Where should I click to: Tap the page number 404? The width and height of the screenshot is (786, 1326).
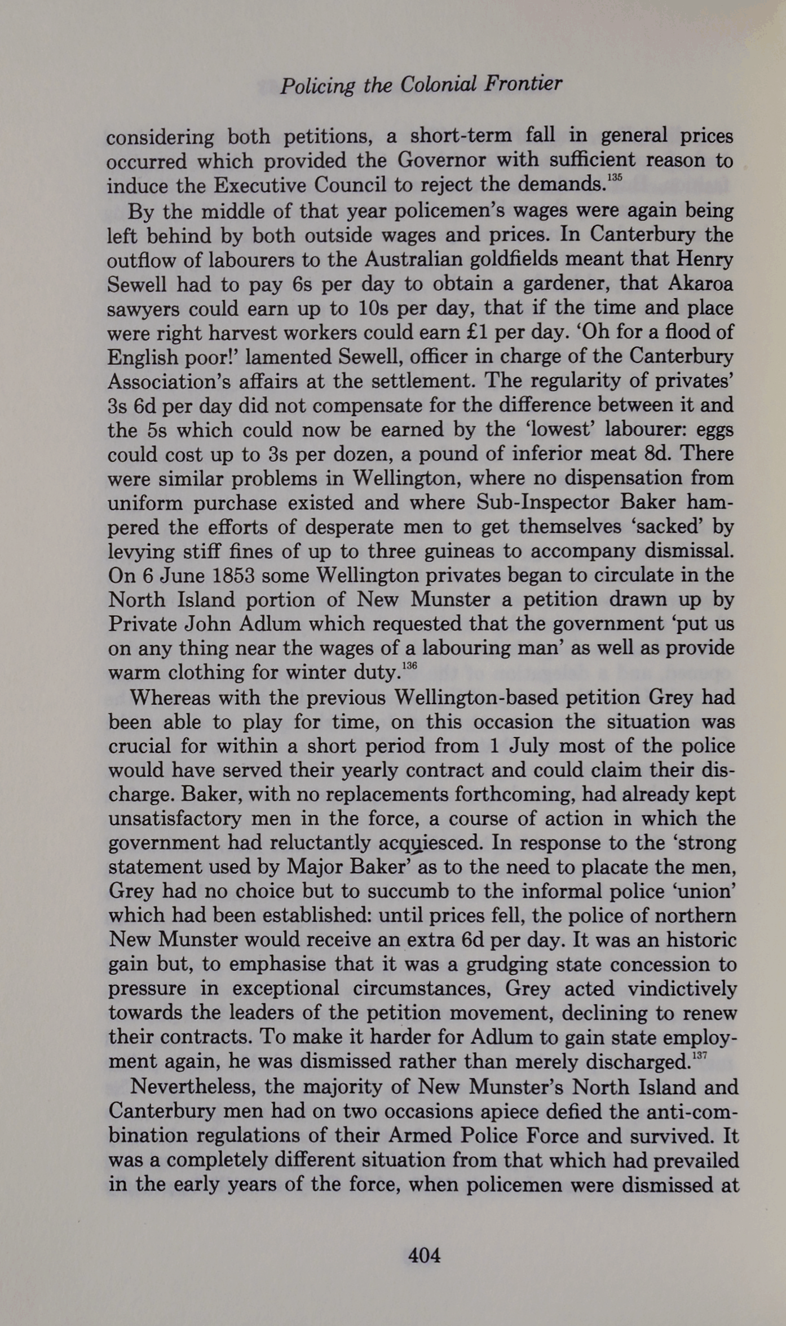(424, 1255)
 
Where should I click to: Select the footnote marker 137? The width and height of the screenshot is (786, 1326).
(699, 1055)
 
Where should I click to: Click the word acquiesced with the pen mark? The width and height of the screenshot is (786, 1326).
(431, 843)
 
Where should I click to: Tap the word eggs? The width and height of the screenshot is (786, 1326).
(715, 430)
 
